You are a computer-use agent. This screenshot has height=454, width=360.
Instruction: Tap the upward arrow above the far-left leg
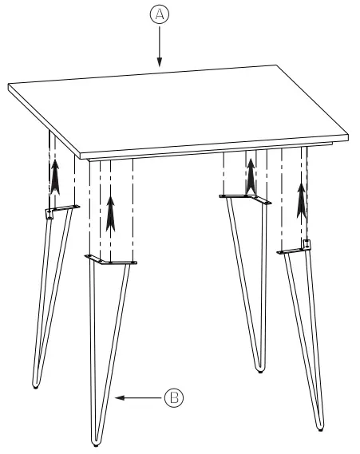pyautogui.click(x=55, y=176)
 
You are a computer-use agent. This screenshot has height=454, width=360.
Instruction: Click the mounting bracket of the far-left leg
pyautogui.click(x=60, y=210)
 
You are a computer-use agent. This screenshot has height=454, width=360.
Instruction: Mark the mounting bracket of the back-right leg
pyautogui.click(x=245, y=197)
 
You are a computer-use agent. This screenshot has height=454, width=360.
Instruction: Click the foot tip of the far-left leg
pyautogui.click(x=36, y=386)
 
